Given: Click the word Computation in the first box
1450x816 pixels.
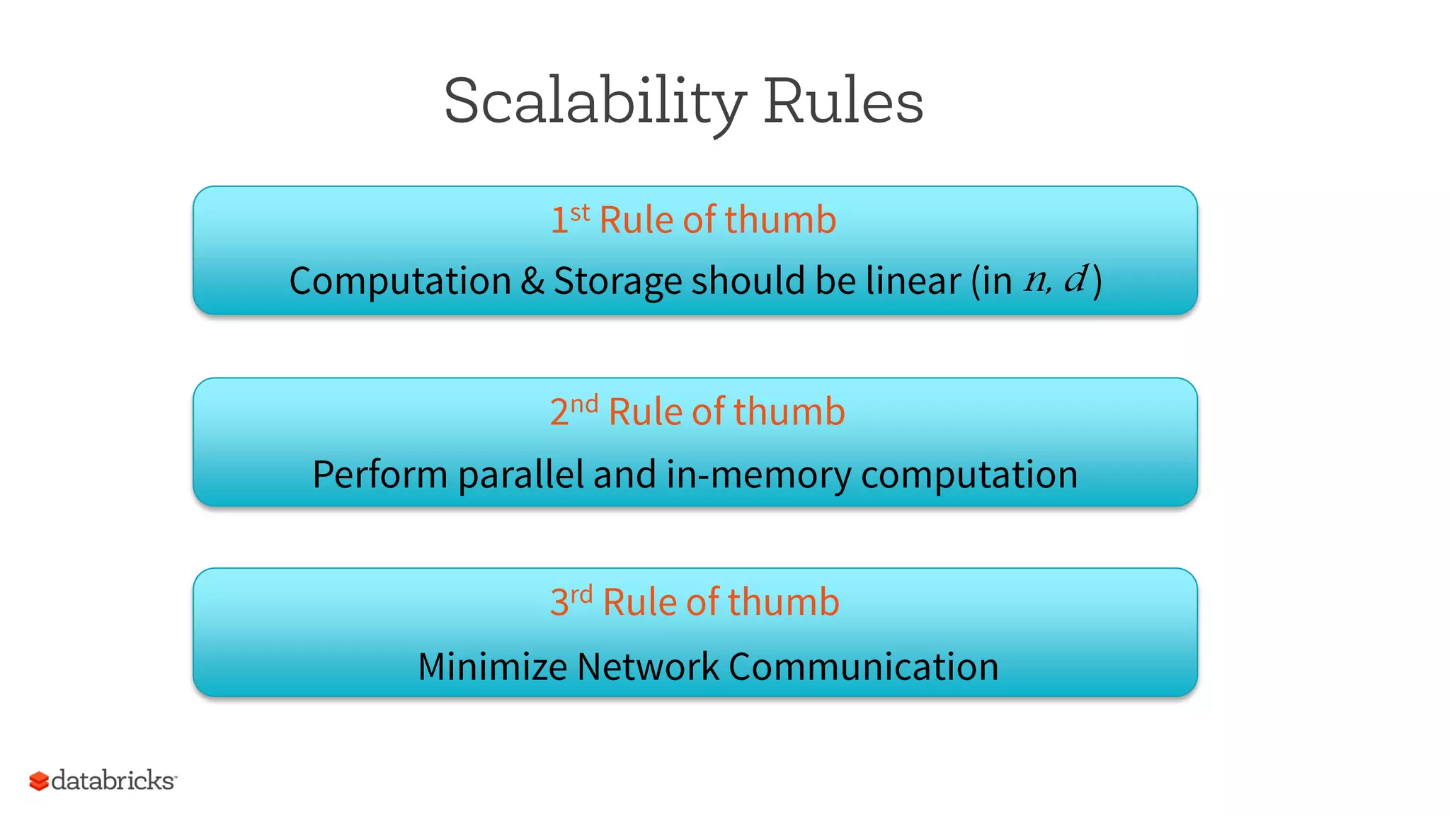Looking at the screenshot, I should tap(400, 281).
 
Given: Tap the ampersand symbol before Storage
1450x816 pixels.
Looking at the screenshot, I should tap(532, 280).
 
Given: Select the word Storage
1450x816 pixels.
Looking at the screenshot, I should tap(620, 281).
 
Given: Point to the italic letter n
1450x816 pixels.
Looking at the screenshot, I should tap(1035, 282).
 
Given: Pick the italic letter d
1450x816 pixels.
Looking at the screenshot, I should tap(1075, 278).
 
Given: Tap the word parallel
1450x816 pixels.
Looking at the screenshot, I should tap(520, 474).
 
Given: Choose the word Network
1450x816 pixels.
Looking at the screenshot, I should tap(648, 667).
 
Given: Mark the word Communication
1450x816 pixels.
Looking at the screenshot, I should tap(863, 667).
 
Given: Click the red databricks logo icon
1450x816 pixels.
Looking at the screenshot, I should tap(39, 781).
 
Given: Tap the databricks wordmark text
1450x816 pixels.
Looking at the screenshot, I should tap(113, 781).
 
